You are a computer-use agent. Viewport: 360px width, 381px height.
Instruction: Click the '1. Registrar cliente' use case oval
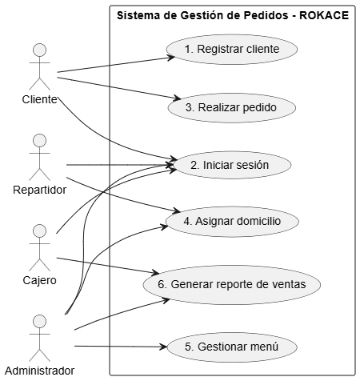tap(232, 50)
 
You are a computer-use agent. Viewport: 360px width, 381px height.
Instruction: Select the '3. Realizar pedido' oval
tap(232, 108)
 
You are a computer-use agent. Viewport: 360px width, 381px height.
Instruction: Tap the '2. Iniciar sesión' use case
tap(232, 165)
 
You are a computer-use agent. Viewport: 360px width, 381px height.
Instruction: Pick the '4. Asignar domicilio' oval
tap(232, 222)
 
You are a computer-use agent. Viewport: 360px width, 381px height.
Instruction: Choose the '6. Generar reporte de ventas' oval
tap(232, 285)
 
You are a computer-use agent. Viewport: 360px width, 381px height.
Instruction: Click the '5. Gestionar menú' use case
tap(232, 347)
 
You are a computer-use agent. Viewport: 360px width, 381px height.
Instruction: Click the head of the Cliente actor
tap(39, 50)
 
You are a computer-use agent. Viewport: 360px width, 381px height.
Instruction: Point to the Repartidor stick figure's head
tap(39, 141)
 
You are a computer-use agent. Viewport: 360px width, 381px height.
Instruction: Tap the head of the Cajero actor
tap(39, 231)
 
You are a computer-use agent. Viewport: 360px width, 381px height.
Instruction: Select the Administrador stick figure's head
tap(39, 321)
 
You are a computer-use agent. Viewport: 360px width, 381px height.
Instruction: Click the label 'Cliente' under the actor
tap(39, 99)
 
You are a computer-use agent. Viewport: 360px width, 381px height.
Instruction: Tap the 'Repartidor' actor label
tap(39, 190)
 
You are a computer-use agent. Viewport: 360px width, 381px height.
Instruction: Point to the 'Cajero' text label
tap(39, 280)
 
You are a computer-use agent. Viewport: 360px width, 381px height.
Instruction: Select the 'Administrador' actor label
tap(39, 371)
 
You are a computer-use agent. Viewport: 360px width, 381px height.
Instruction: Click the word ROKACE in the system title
tap(324, 15)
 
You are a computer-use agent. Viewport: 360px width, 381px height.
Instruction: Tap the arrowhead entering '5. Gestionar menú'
tap(163, 347)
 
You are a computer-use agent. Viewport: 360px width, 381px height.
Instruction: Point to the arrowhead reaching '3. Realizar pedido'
tap(178, 98)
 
